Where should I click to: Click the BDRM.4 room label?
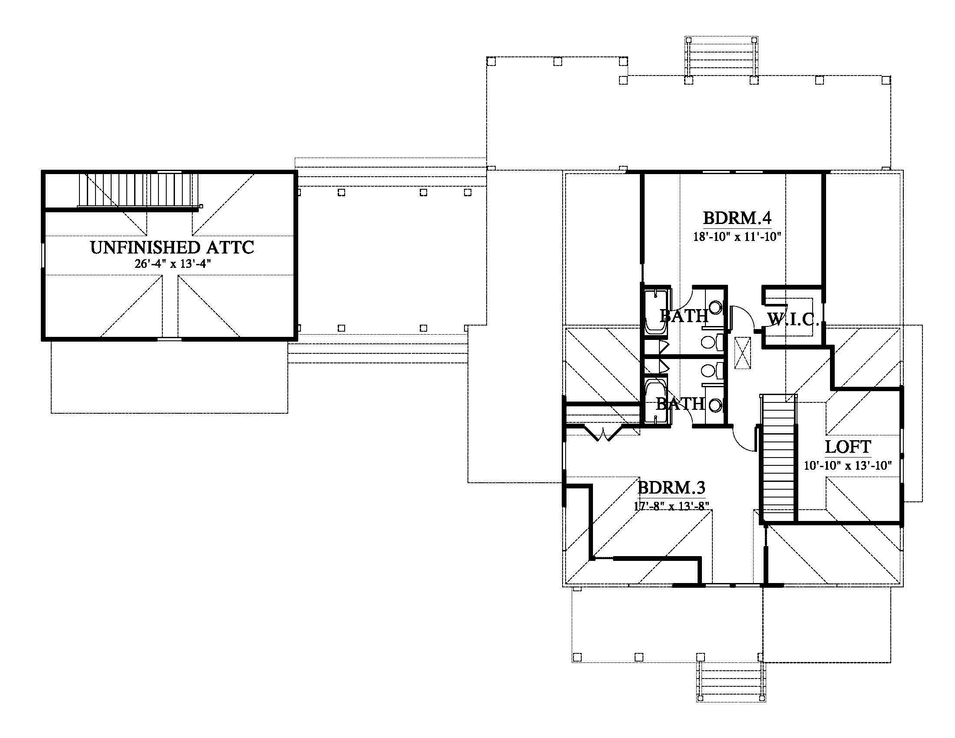(737, 218)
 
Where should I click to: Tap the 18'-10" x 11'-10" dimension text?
(737, 237)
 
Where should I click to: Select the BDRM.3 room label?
(671, 487)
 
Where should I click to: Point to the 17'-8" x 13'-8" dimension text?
(671, 506)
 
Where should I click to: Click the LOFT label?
(848, 447)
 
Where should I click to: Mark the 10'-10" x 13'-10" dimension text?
(848, 465)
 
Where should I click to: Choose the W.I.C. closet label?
(793, 320)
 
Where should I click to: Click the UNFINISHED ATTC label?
(172, 247)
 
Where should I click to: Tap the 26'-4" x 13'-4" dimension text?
(173, 264)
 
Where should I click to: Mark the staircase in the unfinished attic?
(138, 190)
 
